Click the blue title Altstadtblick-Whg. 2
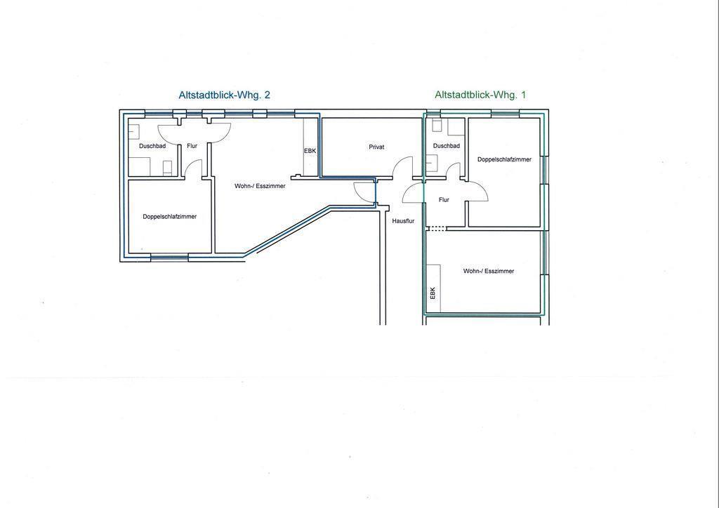pyautogui.click(x=224, y=95)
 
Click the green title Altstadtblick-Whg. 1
pyautogui.click(x=480, y=95)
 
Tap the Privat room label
pyautogui.click(x=376, y=147)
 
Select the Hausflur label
pyautogui.click(x=403, y=221)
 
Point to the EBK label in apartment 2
pyautogui.click(x=310, y=151)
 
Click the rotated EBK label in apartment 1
pyautogui.click(x=433, y=293)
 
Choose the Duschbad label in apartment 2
pyautogui.click(x=152, y=146)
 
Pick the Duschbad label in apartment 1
pyautogui.click(x=446, y=146)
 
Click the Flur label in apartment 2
pyautogui.click(x=192, y=146)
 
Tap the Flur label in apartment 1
pyautogui.click(x=444, y=200)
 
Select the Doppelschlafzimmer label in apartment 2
pyautogui.click(x=170, y=217)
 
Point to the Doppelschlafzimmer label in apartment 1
pyautogui.click(x=504, y=159)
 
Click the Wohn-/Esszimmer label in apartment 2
pyautogui.click(x=260, y=186)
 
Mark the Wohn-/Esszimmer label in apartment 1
pyautogui.click(x=489, y=271)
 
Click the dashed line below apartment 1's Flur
pyautogui.click(x=435, y=229)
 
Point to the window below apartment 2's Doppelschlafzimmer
pyautogui.click(x=169, y=258)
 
